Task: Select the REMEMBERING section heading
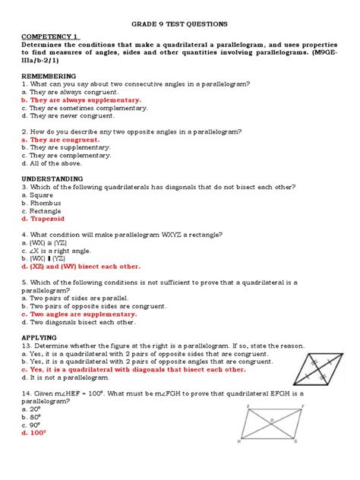coord(49,77)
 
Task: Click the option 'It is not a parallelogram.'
coord(78,377)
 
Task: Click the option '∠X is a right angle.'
coord(62,251)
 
